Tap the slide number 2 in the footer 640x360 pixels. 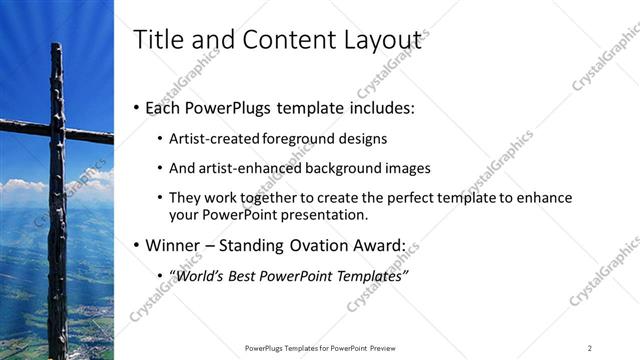tap(590, 347)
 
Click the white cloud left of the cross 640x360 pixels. tap(20, 186)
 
